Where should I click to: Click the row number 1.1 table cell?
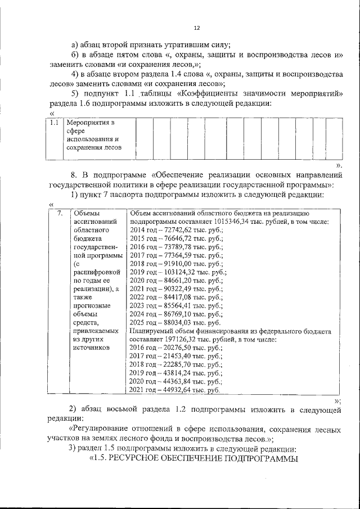click(55, 122)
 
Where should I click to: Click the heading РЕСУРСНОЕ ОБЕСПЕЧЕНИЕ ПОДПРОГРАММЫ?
click(202, 459)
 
